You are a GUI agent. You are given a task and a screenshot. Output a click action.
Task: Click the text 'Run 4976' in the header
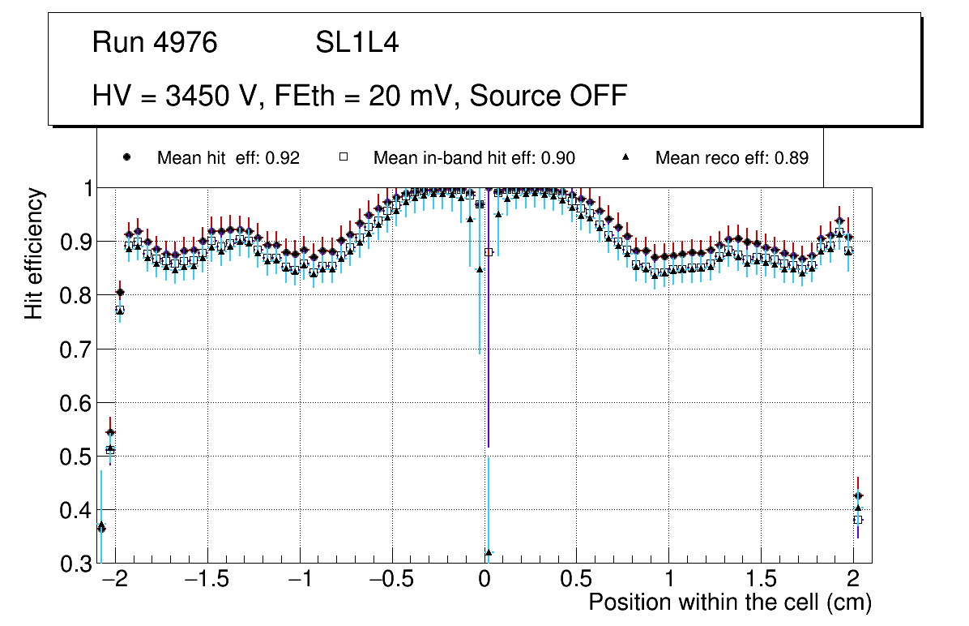pos(155,43)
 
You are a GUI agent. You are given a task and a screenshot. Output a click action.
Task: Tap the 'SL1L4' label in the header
pos(356,43)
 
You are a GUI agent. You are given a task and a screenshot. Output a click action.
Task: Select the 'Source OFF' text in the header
pos(549,96)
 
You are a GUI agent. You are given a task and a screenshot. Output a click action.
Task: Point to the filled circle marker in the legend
pos(126,158)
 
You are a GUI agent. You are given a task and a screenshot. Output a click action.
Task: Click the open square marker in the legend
pos(343,158)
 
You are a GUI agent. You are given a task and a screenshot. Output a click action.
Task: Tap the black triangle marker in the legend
pos(626,158)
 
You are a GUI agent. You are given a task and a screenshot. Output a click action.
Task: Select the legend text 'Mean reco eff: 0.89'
pos(732,158)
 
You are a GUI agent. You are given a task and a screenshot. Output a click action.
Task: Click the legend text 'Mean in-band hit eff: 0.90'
pos(474,158)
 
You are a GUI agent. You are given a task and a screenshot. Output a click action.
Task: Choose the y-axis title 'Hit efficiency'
pos(34,253)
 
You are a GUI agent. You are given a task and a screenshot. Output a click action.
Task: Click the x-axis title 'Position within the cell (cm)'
pos(729,602)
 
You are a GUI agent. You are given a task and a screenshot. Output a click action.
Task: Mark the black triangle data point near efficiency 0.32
pos(489,553)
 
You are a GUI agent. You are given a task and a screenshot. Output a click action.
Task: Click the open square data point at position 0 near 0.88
pos(489,252)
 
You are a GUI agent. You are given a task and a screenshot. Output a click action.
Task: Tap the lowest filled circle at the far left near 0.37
pos(101,527)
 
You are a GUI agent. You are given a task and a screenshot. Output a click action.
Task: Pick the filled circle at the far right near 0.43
pos(858,495)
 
